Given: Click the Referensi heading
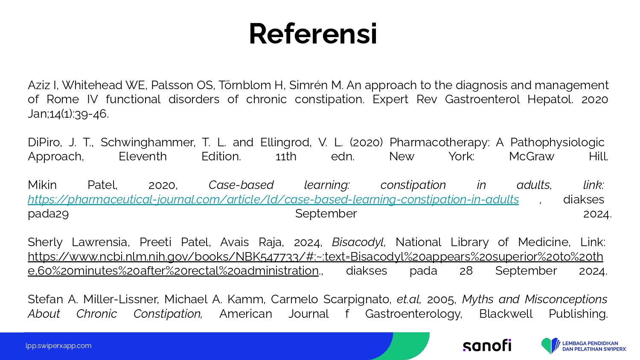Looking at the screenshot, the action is (x=313, y=34).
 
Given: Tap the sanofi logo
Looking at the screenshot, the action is (x=487, y=345).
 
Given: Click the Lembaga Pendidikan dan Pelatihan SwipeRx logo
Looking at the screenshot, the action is (x=584, y=346).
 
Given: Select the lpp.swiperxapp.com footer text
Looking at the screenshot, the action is (x=58, y=346).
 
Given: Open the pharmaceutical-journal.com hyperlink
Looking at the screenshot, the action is (x=273, y=200).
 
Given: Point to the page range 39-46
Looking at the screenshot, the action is (x=91, y=114).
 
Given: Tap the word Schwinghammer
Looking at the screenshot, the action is (x=148, y=142).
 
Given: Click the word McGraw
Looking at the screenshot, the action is (x=532, y=157).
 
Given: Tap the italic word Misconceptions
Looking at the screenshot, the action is (x=566, y=299).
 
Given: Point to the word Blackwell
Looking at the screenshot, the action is (x=506, y=314).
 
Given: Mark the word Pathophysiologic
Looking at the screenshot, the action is (x=557, y=142).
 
